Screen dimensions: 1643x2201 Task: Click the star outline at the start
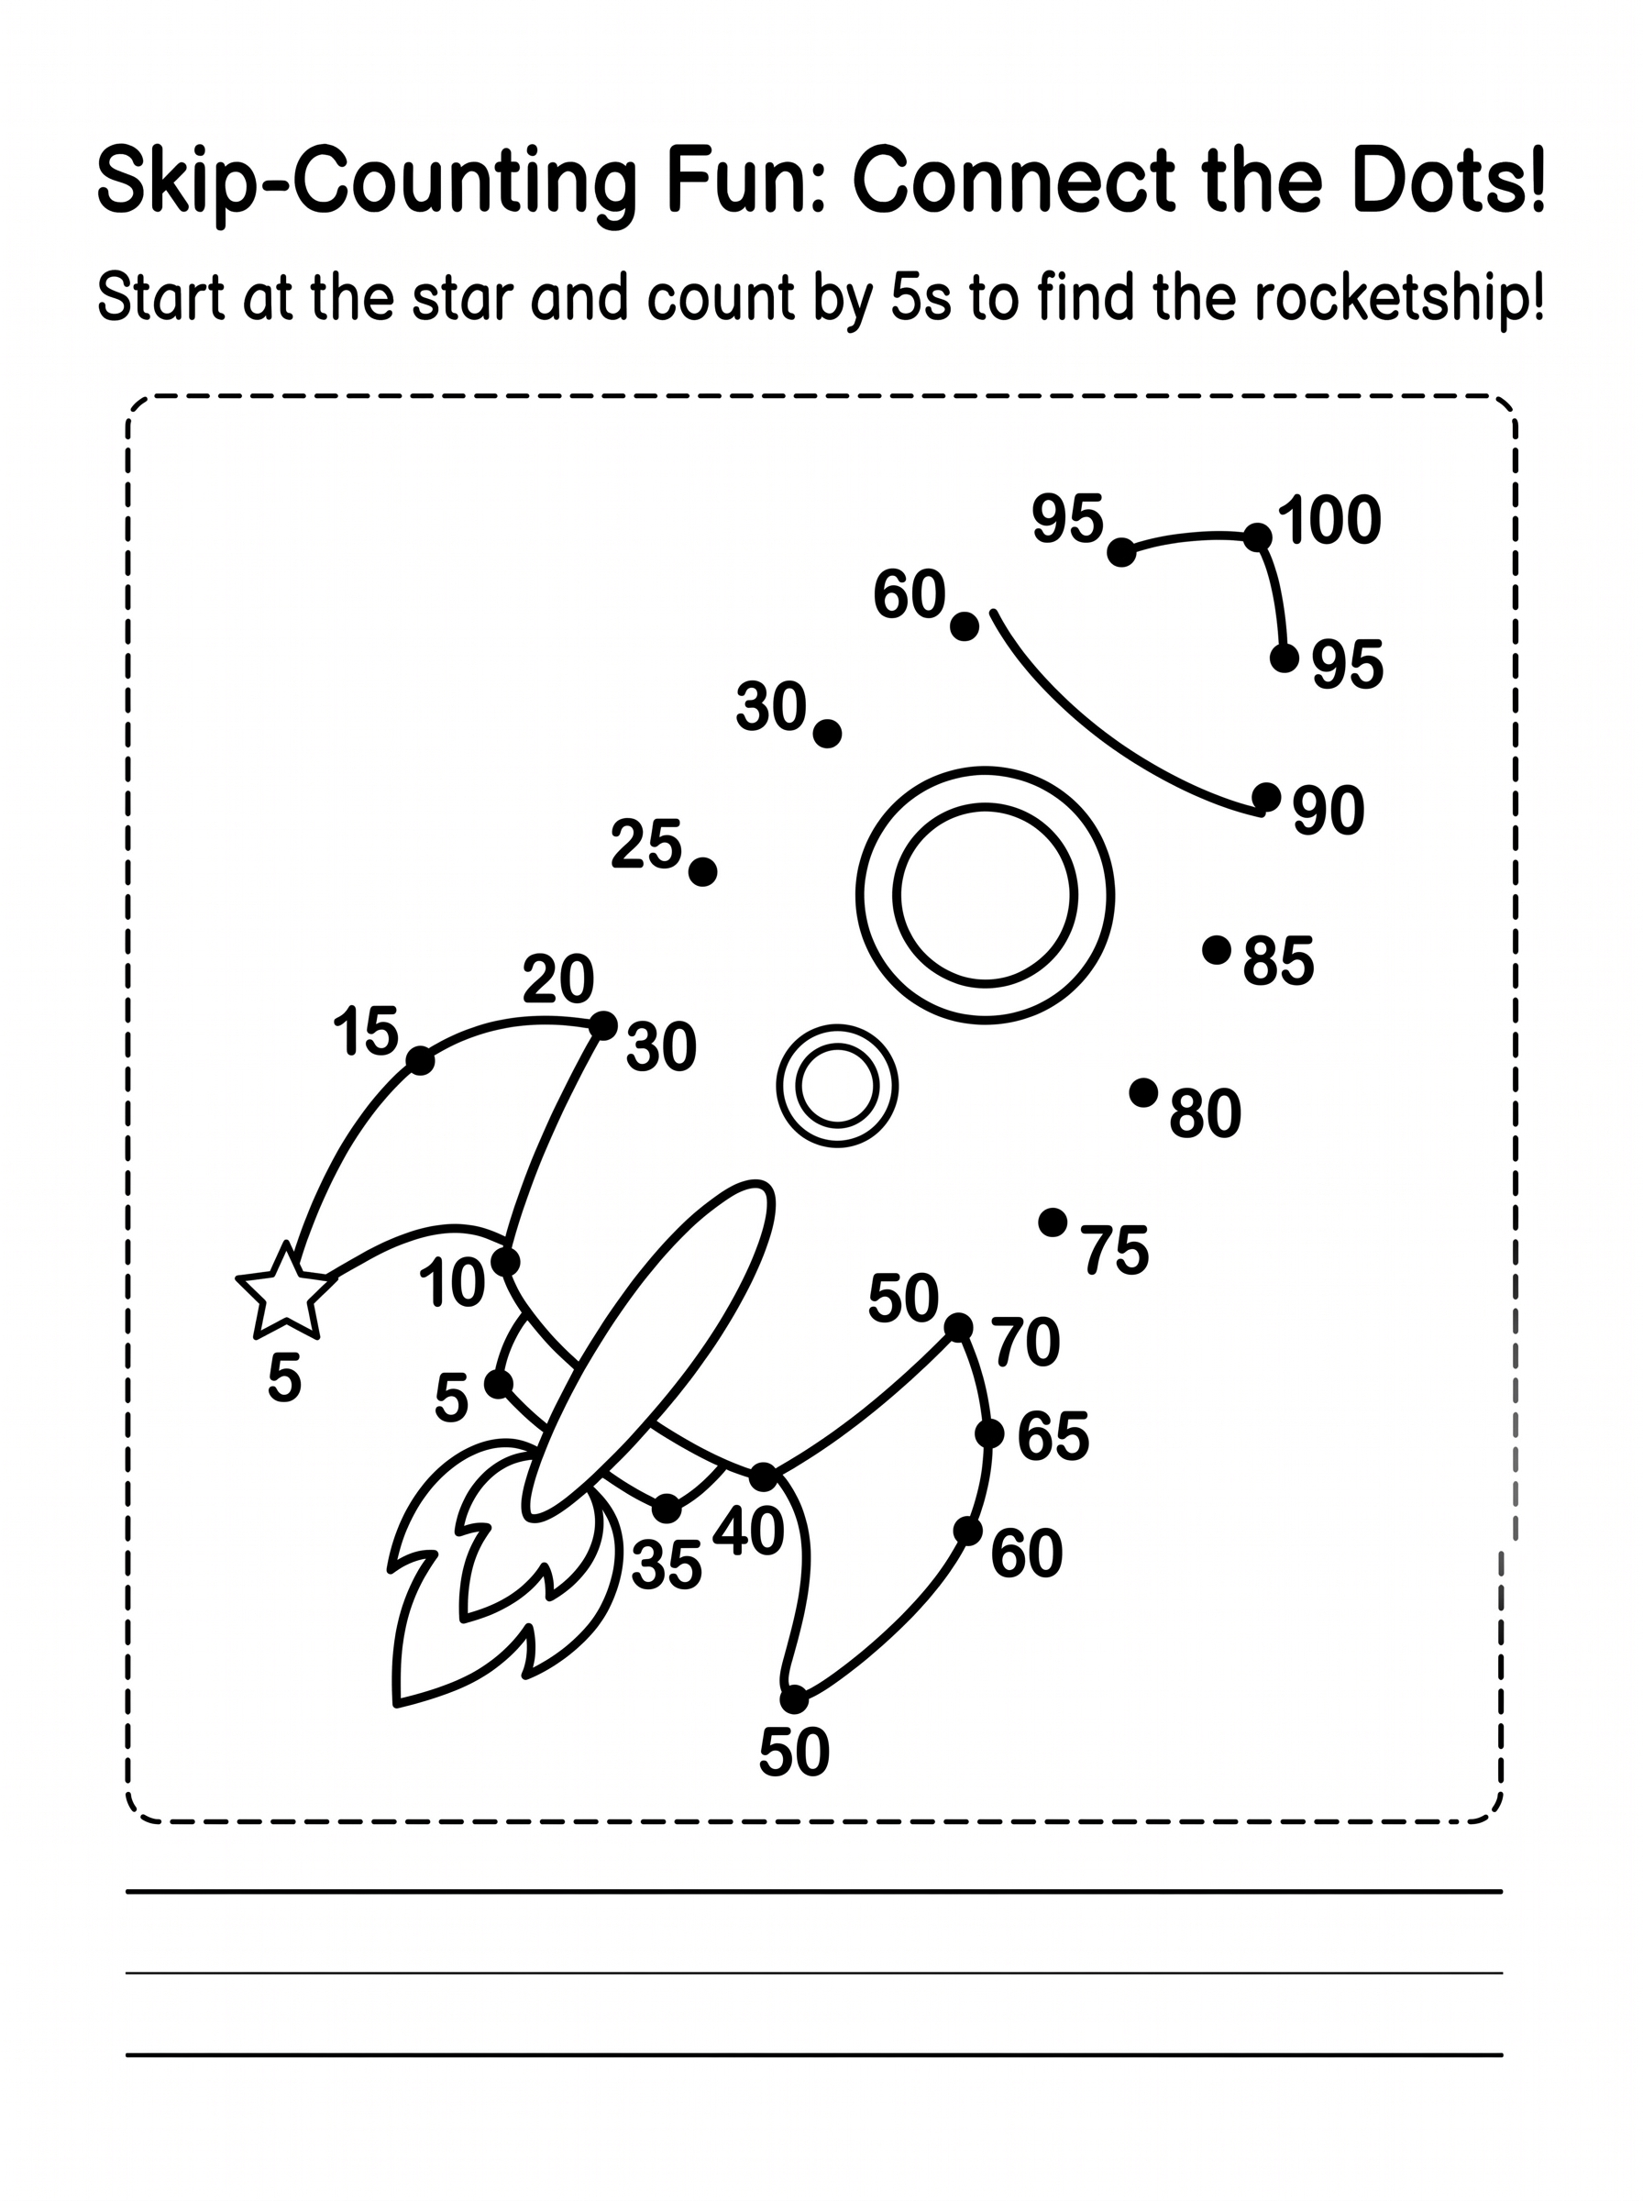285,1291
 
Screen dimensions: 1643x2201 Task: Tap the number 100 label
1329,519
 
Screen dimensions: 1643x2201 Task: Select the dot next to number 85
1217,950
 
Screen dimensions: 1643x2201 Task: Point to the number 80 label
1206,1113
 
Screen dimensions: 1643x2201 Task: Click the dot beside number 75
1053,1222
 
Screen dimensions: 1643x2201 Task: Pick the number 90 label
1329,811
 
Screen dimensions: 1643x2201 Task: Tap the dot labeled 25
703,872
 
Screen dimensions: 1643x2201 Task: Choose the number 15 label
366,1031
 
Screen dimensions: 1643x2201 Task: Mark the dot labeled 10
506,1262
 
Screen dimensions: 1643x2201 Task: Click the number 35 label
667,1565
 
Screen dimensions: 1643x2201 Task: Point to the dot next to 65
989,1433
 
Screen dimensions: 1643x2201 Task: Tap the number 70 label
1026,1342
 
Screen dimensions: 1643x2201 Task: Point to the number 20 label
559,979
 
